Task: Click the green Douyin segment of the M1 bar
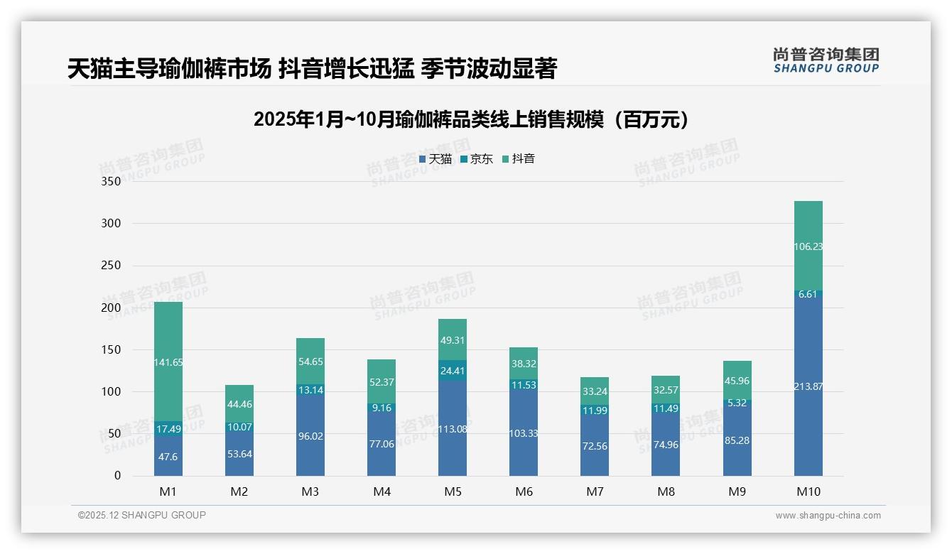pyautogui.click(x=168, y=362)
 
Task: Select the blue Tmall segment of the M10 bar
pyautogui.click(x=808, y=386)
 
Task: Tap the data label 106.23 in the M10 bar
pyautogui.click(x=808, y=246)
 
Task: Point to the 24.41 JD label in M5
pyautogui.click(x=453, y=370)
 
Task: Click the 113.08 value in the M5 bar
pyautogui.click(x=453, y=428)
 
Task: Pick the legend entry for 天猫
pyautogui.click(x=436, y=159)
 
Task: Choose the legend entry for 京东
pyautogui.click(x=477, y=159)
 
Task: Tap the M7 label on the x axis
pyautogui.click(x=595, y=491)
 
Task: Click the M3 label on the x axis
pyautogui.click(x=310, y=491)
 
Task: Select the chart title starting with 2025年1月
pyautogui.click(x=471, y=119)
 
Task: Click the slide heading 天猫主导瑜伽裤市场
pyautogui.click(x=312, y=68)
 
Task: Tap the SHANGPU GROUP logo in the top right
pyautogui.click(x=826, y=60)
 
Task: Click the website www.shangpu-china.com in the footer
pyautogui.click(x=828, y=516)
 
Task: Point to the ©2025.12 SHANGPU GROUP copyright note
pyautogui.click(x=142, y=515)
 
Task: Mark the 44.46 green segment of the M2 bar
pyautogui.click(x=239, y=404)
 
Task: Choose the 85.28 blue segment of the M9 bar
pyautogui.click(x=737, y=440)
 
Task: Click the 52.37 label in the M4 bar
pyautogui.click(x=382, y=382)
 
